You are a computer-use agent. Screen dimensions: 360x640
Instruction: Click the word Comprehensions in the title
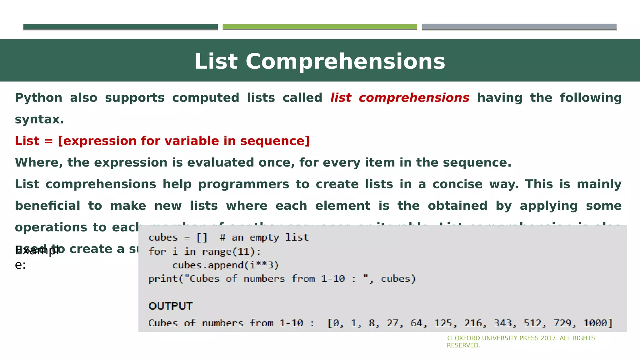(345, 62)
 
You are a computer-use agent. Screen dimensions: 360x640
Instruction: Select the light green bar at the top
(320, 27)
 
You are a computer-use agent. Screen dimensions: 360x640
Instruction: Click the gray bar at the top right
(519, 27)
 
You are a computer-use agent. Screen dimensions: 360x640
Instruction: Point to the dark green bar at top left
(120, 27)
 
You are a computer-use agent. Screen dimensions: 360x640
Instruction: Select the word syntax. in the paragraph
(39, 119)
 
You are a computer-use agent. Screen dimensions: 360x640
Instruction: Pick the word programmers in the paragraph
(244, 184)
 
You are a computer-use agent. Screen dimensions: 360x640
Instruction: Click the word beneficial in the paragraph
(47, 206)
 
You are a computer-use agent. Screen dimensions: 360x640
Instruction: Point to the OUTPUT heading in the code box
(171, 306)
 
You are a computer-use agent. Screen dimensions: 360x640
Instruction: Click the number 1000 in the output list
(597, 323)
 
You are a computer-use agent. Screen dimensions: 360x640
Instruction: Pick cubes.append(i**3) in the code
(225, 265)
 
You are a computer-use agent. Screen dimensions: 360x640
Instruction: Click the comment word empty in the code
(264, 237)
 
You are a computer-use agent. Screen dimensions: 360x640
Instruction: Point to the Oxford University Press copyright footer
(521, 342)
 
